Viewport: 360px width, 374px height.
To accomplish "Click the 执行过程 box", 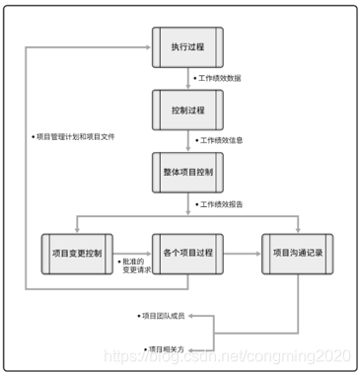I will (x=188, y=45).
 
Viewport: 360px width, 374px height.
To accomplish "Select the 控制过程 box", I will (x=188, y=109).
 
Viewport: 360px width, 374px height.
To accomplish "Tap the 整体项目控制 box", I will (x=188, y=171).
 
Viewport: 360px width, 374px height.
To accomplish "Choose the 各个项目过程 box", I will (x=188, y=252).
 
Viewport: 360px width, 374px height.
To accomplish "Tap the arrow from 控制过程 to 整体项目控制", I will (x=188, y=140).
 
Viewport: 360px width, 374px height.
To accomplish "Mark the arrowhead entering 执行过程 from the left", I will (x=146, y=45).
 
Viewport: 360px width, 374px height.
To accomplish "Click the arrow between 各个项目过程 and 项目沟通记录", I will (x=243, y=252).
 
